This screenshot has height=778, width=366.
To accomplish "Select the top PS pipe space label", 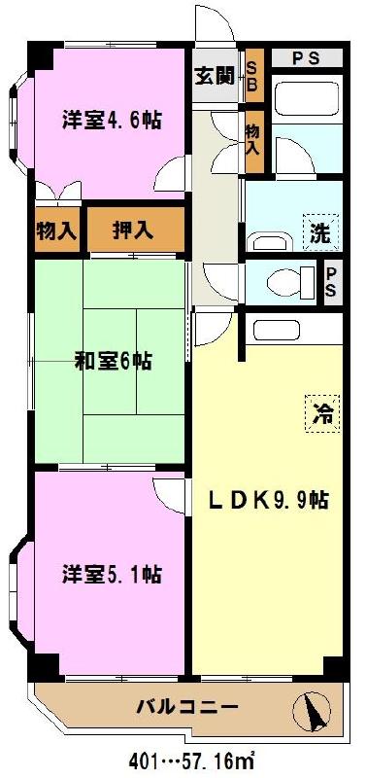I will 306,58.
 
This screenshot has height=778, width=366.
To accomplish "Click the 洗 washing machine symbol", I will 319,231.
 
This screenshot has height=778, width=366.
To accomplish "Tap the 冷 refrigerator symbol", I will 321,413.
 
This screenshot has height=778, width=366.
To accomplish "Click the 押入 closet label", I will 134,230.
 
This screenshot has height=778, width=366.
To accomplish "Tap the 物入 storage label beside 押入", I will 56,230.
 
